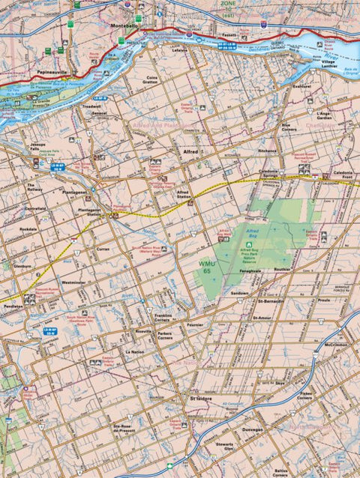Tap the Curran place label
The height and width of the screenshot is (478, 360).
click(x=104, y=248)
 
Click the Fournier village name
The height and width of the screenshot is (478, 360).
click(x=195, y=324)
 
